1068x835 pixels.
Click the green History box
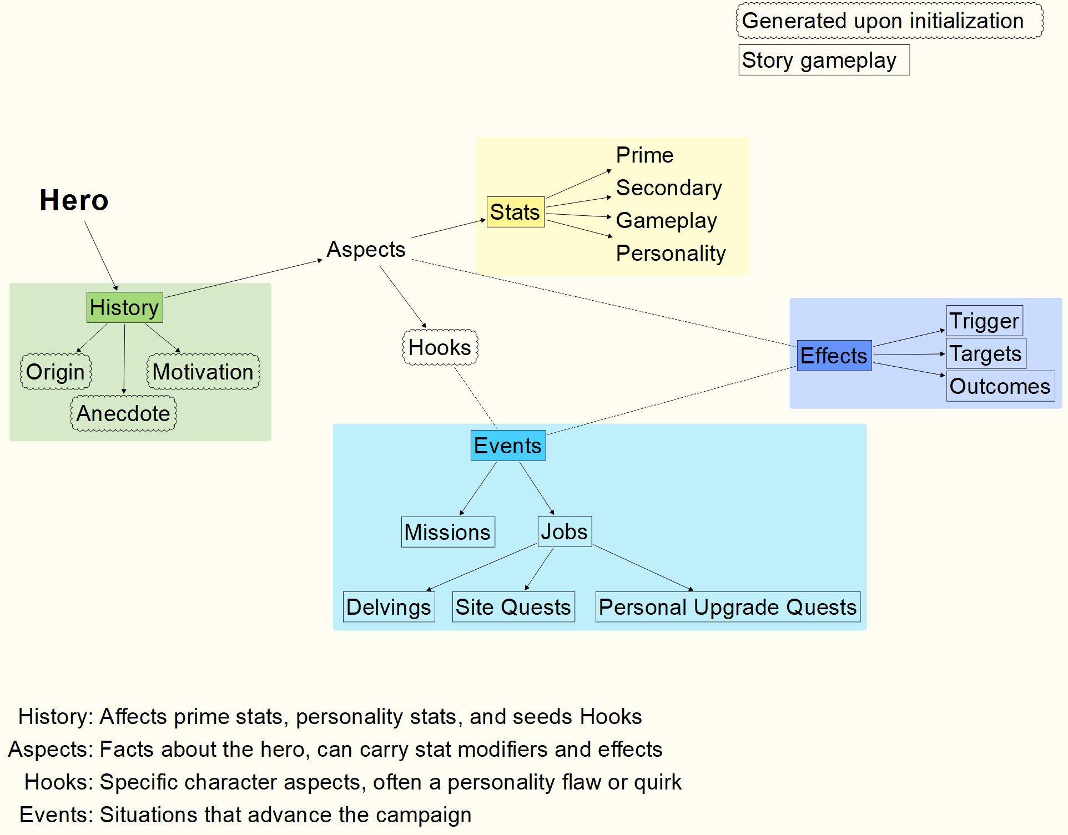click(x=124, y=307)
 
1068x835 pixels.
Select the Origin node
click(x=56, y=372)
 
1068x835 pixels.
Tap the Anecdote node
click(x=123, y=413)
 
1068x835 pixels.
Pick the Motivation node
click(x=203, y=372)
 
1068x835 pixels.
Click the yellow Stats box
click(x=515, y=212)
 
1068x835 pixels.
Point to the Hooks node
click(x=440, y=347)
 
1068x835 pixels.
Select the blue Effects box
click(x=834, y=356)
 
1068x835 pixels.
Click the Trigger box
click(x=984, y=321)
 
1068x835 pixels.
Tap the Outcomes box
click(x=1000, y=386)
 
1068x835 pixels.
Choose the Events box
click(x=508, y=446)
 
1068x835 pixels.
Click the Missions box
click(x=447, y=532)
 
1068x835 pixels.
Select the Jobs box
click(x=565, y=532)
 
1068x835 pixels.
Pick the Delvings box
click(x=389, y=607)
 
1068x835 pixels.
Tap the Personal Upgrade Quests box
click(x=728, y=607)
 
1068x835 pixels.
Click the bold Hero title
click(x=74, y=200)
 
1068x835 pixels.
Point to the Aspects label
click(x=366, y=250)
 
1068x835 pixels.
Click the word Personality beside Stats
click(x=671, y=254)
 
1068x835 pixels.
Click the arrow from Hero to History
click(x=101, y=256)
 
